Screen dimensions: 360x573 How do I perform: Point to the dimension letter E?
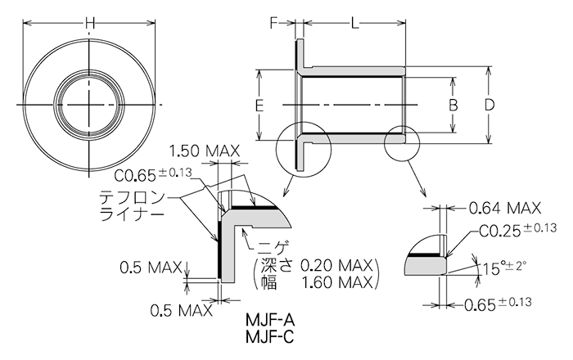pos(259,106)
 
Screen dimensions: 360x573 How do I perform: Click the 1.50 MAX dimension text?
pos(203,151)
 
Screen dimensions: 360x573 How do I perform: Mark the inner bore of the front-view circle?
pos(89,103)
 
